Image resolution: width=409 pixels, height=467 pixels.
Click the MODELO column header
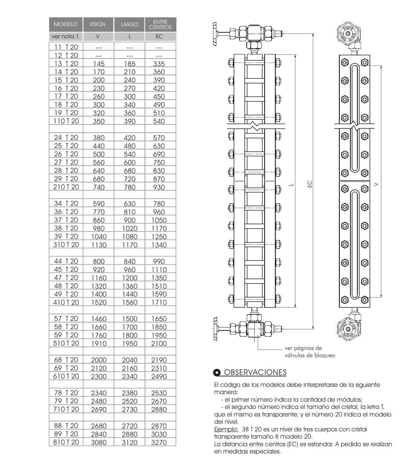(66, 24)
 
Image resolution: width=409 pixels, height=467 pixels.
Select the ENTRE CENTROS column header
(160, 24)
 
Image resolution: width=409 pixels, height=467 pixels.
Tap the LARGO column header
(129, 24)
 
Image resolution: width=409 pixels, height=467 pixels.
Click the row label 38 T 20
(66, 228)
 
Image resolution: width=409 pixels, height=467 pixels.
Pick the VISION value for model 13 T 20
(99, 64)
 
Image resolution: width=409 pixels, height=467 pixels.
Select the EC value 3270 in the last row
(159, 442)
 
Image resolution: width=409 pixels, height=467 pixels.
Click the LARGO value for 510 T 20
(130, 343)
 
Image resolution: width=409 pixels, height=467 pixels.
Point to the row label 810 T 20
(66, 442)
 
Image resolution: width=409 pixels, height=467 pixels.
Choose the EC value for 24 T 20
(159, 138)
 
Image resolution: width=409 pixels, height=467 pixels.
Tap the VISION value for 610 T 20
(99, 376)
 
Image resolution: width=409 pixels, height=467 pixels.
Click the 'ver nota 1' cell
(65, 37)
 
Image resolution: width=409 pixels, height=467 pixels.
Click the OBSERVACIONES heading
(255, 372)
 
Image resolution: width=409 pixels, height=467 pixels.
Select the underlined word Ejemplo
(226, 429)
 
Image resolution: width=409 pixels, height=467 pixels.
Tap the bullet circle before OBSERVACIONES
(217, 373)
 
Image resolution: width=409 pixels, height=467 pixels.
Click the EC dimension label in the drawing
(310, 184)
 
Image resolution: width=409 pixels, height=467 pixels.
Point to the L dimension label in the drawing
(291, 184)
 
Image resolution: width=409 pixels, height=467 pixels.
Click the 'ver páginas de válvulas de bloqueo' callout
(309, 352)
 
